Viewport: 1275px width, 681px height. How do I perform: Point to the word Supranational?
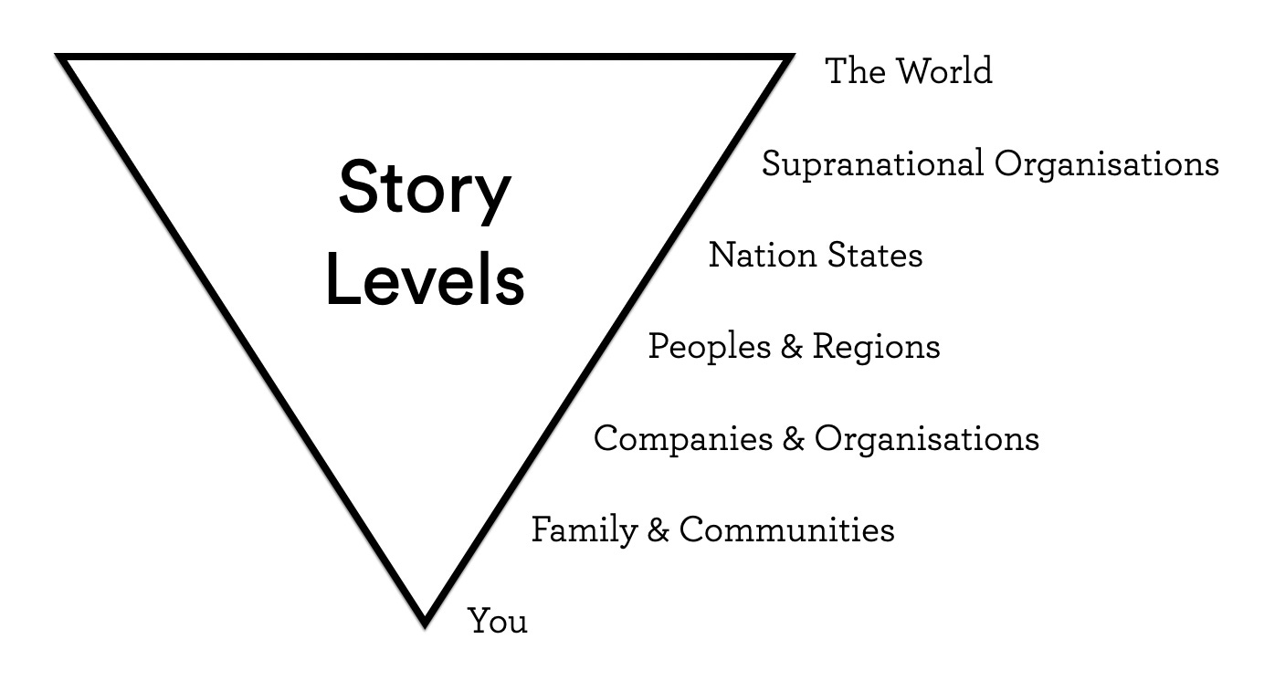coord(872,165)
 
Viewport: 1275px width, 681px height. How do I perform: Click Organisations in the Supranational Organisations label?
coord(1106,165)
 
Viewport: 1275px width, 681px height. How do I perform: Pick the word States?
coord(875,256)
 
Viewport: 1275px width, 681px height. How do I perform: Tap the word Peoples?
coord(709,348)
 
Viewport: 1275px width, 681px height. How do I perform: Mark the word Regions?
coord(876,348)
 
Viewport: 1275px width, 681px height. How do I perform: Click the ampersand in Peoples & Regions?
coord(791,348)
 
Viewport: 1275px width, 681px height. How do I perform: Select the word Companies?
coord(682,439)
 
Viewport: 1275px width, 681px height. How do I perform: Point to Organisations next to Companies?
coord(926,439)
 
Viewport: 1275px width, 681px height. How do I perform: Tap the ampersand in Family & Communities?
coord(658,530)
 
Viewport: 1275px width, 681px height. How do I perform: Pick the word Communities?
coord(786,530)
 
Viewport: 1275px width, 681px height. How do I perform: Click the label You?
coord(498,622)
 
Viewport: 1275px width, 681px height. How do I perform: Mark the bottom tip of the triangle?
coord(425,623)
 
